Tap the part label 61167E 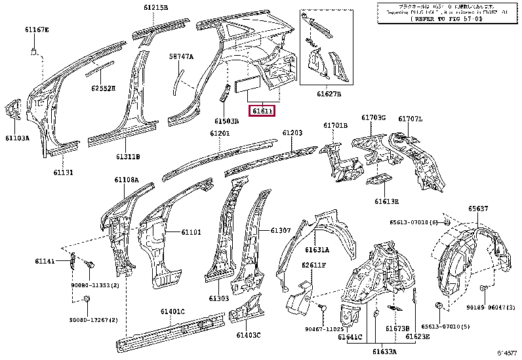tap(37, 30)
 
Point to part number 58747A tap(181, 56)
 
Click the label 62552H tap(102, 88)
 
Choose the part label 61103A tap(18, 138)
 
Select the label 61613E tap(387, 201)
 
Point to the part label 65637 tap(477, 209)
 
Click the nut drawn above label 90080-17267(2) tap(85, 300)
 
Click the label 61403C tap(249, 335)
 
